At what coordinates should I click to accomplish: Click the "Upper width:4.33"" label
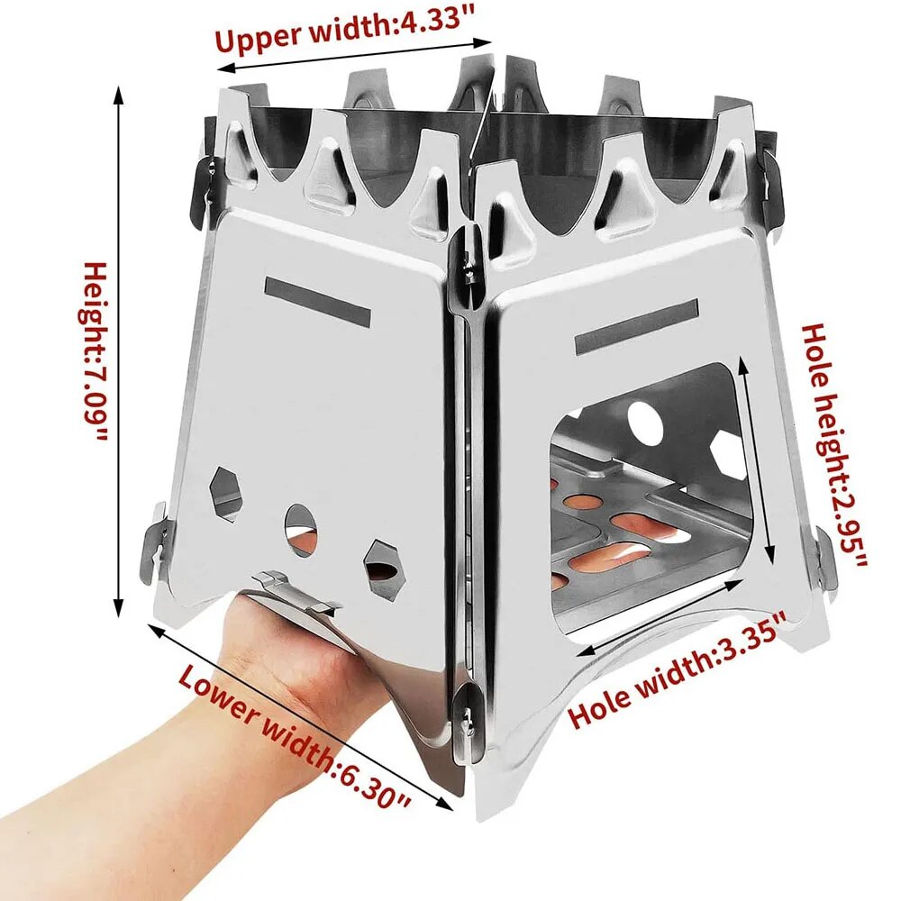click(x=354, y=32)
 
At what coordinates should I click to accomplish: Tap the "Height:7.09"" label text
click(x=96, y=351)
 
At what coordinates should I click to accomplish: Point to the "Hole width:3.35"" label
click(x=678, y=669)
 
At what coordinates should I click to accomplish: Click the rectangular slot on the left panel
click(x=317, y=302)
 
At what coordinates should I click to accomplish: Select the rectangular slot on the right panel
click(x=636, y=326)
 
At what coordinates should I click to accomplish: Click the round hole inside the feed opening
click(x=645, y=421)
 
